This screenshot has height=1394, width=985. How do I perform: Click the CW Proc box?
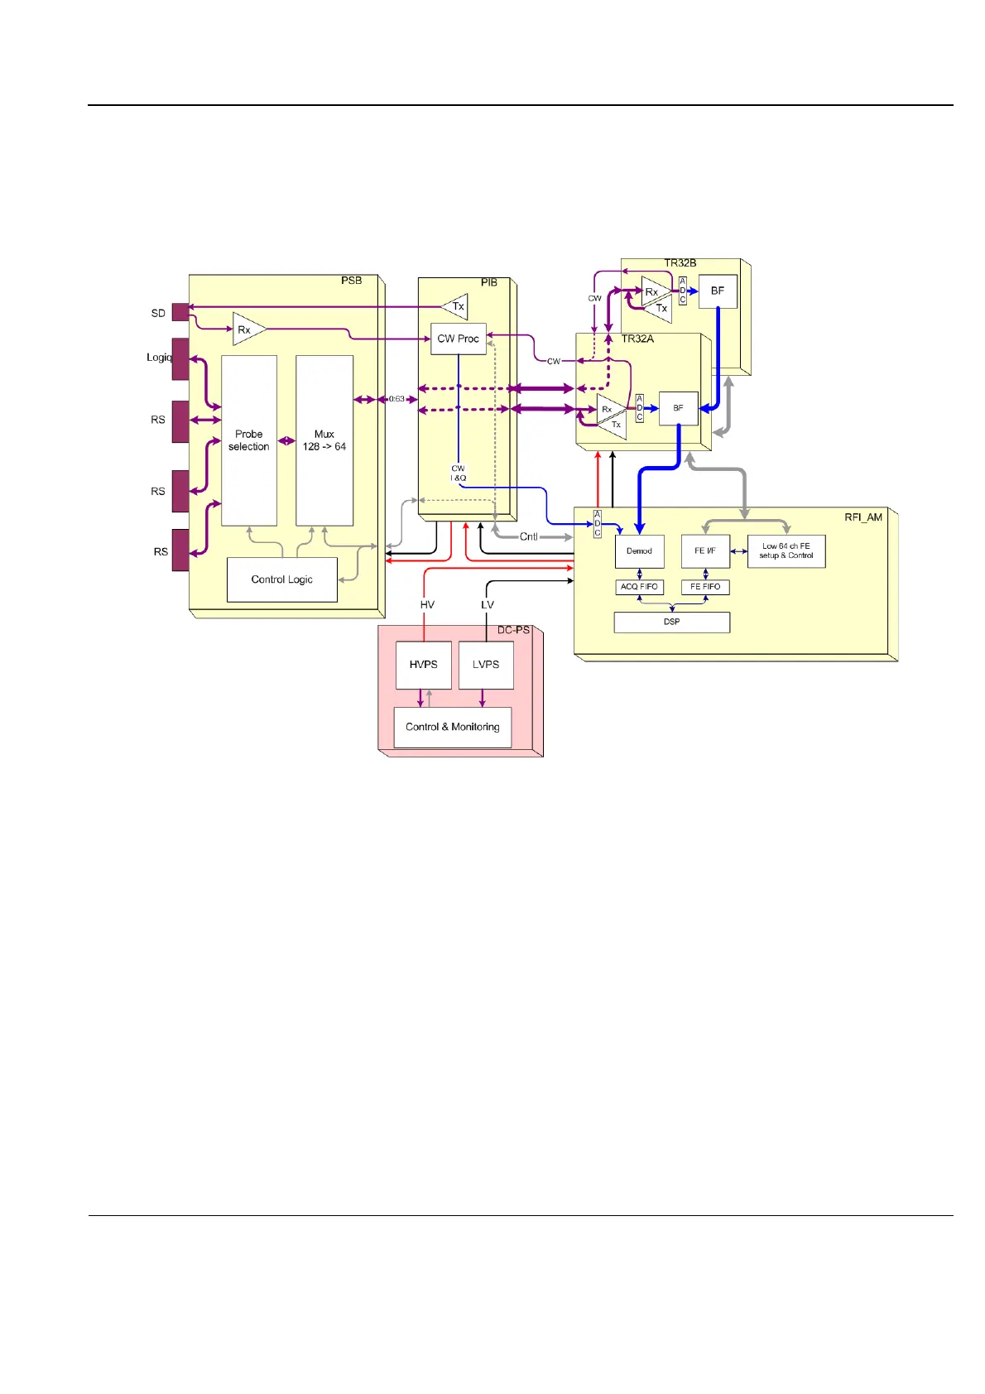coord(458,339)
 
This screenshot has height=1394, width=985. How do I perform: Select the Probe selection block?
coord(248,440)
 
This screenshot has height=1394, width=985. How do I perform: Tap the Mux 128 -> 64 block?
coord(324,440)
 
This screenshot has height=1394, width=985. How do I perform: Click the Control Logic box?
coord(281,579)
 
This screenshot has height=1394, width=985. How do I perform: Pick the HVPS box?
coord(423,665)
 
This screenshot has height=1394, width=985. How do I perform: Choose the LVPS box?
coord(486,665)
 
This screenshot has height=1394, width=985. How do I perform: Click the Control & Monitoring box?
coord(452,727)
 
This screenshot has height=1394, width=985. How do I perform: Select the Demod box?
coord(639,551)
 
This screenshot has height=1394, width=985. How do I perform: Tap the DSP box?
coord(671,622)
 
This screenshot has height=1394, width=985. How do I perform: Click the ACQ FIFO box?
coord(639,587)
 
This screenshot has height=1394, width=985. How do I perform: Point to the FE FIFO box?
coord(705,587)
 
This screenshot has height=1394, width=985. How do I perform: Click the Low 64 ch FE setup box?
coord(786,551)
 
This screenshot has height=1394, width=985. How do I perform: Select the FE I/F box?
coord(705,551)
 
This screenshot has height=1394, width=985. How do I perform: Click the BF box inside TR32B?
coord(717,291)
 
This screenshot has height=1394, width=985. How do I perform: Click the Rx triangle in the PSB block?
coord(246,329)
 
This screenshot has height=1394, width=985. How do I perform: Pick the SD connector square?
coord(180,312)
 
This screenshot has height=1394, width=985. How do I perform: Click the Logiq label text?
coord(158,358)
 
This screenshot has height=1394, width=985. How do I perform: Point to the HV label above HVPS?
coord(427,605)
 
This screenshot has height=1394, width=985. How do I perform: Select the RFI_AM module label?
coord(862,517)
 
